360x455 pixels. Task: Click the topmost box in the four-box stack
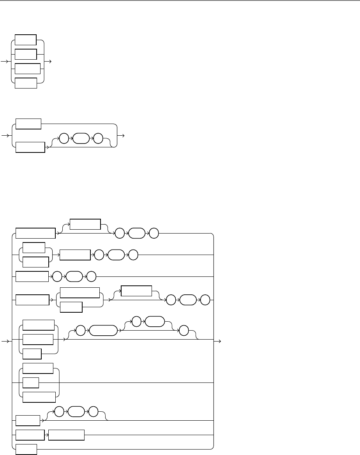[x=25, y=40]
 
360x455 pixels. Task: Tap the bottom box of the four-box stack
[x=26, y=83]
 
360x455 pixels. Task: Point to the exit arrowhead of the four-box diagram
[x=49, y=62]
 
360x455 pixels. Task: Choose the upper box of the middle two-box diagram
[x=28, y=124]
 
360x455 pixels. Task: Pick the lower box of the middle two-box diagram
[x=30, y=147]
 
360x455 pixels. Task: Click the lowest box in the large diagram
[x=26, y=449]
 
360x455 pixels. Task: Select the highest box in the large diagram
[x=85, y=225]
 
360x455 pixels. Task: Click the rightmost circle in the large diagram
[x=205, y=301]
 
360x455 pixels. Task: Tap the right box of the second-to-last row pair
[x=66, y=435]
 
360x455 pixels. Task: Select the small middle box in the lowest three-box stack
[x=31, y=383]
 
